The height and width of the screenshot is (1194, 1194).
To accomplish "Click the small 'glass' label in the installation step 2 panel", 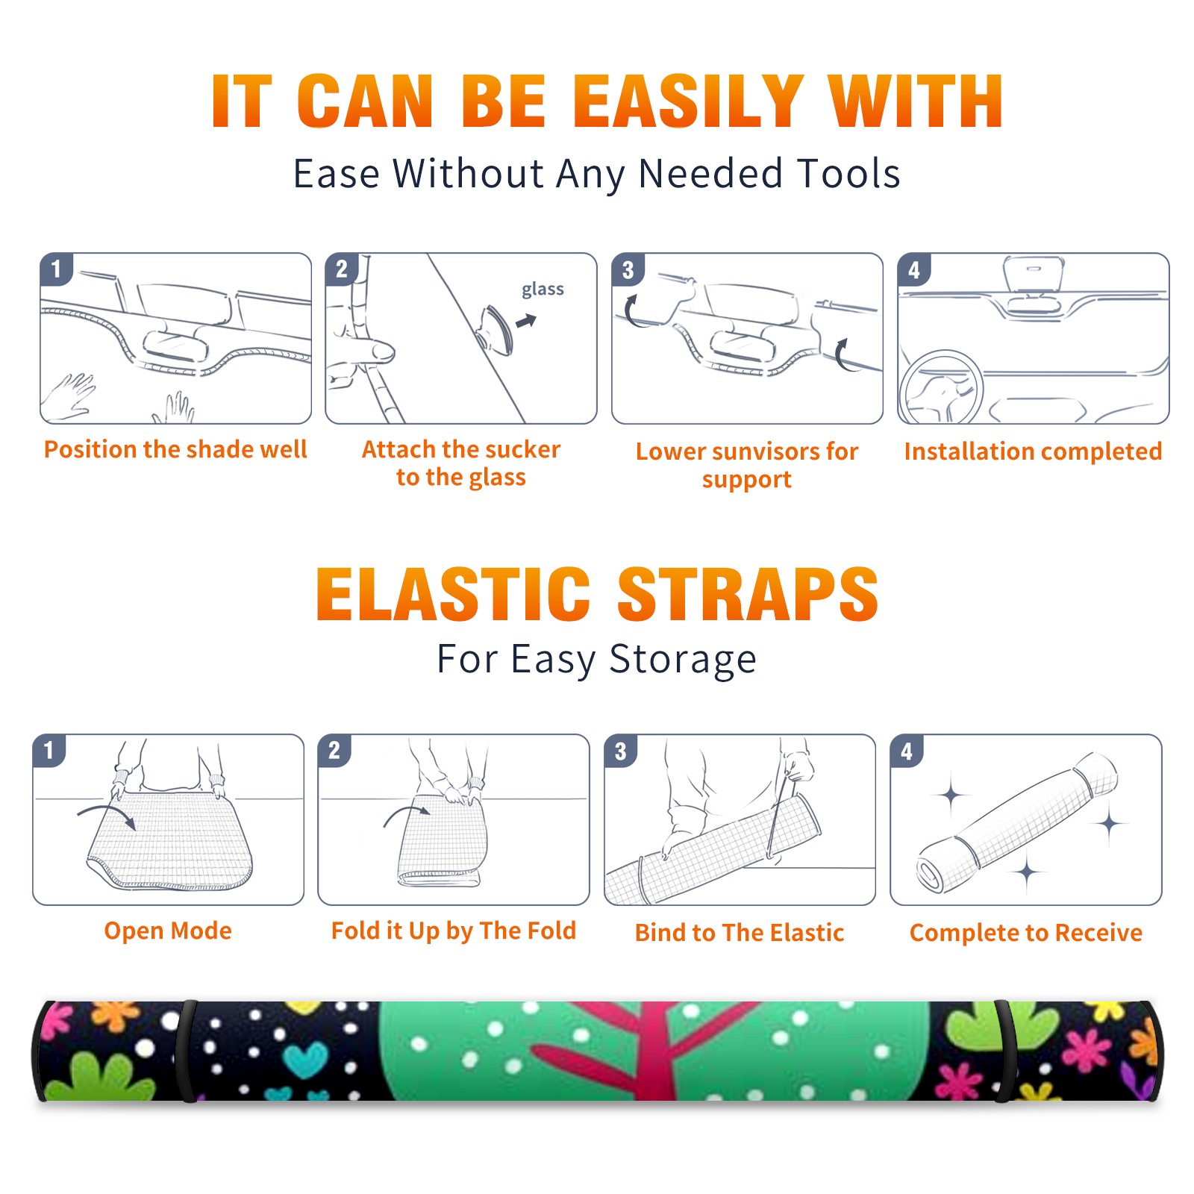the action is [543, 290].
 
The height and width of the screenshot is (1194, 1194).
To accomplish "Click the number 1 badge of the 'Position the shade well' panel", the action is [57, 269].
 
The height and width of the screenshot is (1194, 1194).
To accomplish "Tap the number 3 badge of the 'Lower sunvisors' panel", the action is [628, 269].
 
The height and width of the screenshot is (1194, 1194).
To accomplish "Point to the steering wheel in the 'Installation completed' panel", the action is [941, 387].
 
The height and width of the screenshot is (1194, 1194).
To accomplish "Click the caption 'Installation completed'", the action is [1033, 451].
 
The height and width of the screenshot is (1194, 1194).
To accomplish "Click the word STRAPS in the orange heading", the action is [748, 594].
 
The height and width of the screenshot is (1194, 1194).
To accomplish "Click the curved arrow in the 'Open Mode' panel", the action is [107, 816].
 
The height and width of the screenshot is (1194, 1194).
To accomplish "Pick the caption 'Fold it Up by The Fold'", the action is [454, 931].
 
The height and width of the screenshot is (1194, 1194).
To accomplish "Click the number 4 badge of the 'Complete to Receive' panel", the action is [907, 751].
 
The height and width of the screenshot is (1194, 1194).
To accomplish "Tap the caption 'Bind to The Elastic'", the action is [740, 933].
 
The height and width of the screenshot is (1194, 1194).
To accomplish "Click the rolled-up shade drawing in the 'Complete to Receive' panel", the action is [1017, 822].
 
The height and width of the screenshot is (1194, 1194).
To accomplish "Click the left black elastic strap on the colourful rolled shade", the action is [187, 1051].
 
